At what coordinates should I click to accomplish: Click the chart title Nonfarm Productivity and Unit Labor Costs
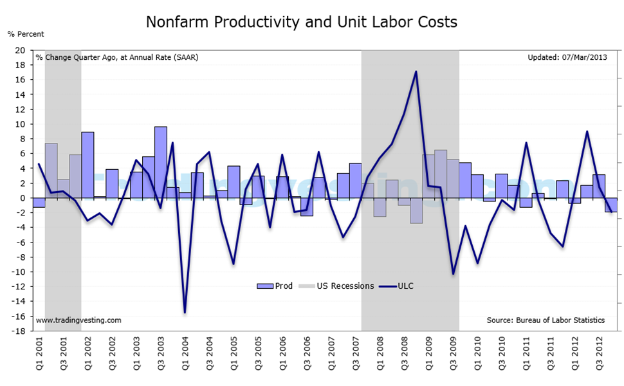(301, 22)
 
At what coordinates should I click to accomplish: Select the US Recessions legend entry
(339, 286)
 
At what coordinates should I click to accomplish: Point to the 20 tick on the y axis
(20, 50)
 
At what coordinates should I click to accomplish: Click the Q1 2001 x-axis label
(39, 354)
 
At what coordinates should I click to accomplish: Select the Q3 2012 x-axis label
(600, 354)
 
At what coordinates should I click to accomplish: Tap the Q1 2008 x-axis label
(380, 354)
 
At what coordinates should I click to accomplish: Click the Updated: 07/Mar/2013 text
(566, 57)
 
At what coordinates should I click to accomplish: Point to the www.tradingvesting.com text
(78, 320)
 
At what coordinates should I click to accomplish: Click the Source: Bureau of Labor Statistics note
(546, 320)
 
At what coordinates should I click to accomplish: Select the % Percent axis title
(26, 34)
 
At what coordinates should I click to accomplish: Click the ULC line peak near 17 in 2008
(416, 71)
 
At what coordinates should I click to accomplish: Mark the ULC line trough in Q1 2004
(185, 313)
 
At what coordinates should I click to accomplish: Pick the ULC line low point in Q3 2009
(453, 274)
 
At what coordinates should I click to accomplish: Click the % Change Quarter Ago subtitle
(117, 57)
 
